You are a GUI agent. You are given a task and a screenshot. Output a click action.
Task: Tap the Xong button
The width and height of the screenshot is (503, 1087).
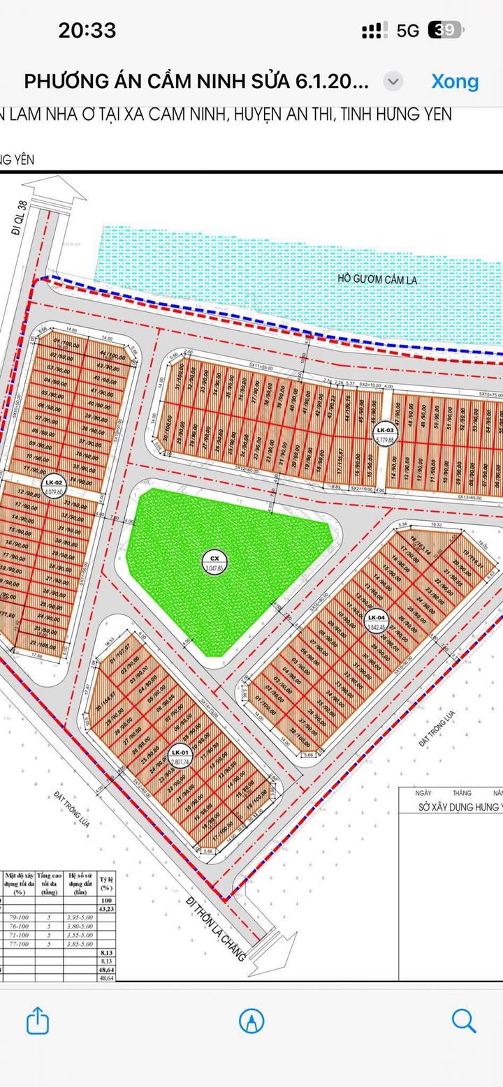point(455,81)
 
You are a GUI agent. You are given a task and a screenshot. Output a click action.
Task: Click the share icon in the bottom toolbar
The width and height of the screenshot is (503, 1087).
point(38,1021)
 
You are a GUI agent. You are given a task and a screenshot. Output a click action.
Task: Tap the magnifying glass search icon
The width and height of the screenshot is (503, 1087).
point(464,1021)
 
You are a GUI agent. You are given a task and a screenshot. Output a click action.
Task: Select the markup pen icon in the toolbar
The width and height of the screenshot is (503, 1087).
point(251,1021)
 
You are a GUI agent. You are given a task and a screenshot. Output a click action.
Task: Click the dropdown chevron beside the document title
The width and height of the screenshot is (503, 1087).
point(393,81)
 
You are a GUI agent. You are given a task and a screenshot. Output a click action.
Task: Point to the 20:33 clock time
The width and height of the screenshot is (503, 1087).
point(87,30)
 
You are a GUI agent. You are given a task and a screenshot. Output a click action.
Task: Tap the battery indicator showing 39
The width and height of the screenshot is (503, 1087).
point(445,30)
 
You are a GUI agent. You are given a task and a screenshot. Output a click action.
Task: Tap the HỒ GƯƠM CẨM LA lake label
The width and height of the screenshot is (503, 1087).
point(374,279)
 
